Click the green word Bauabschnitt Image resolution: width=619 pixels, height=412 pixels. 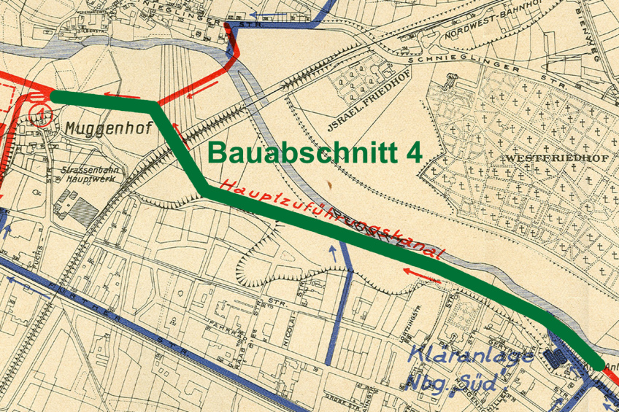coord(302,152)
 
